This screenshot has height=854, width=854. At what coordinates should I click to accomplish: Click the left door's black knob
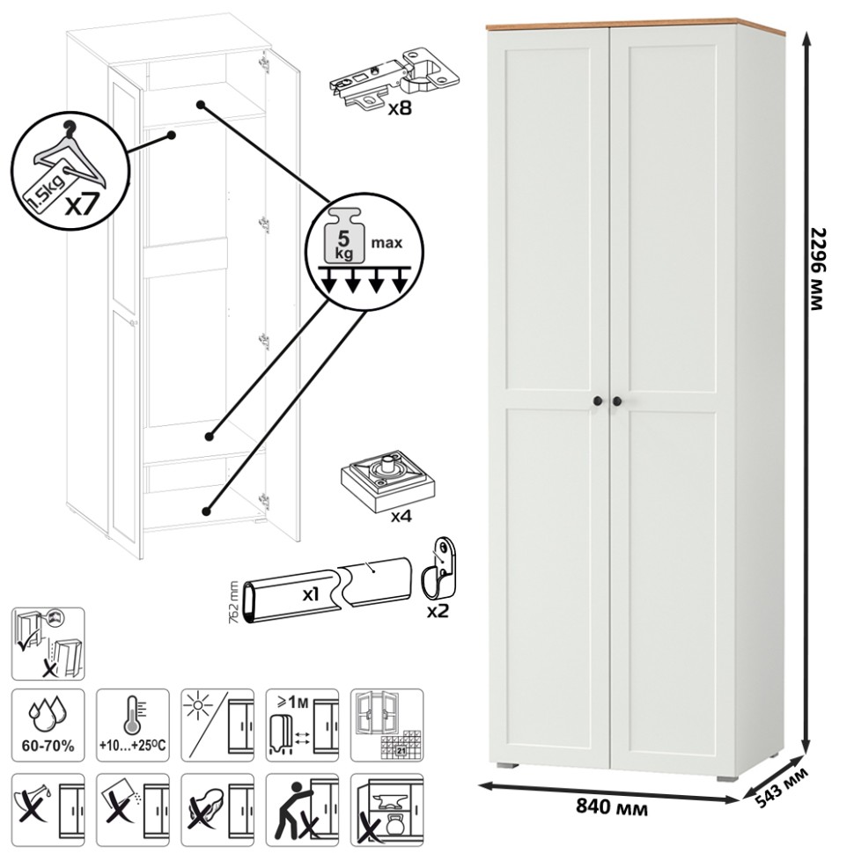[597, 401]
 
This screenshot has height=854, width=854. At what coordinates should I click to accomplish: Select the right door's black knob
[616, 401]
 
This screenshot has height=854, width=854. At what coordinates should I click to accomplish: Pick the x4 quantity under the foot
[401, 516]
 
